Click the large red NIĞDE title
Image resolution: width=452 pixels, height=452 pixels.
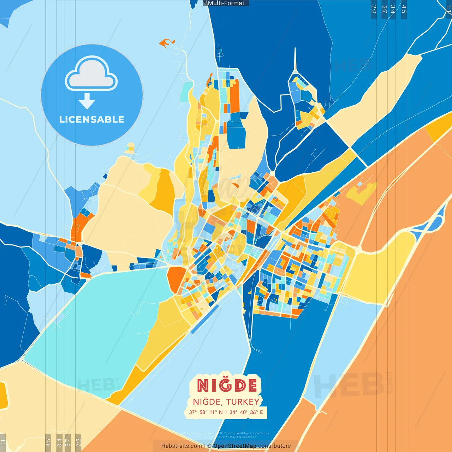coord(227,385)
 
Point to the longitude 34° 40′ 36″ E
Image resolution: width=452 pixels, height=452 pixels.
coord(246,412)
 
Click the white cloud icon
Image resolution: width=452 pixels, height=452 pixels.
coord(91,75)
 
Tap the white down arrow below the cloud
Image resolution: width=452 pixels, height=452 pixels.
coord(87,101)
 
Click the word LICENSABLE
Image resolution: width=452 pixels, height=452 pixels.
coord(91,119)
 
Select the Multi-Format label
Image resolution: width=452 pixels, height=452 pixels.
coord(226,3)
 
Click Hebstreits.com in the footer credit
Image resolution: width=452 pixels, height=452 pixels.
coord(182,446)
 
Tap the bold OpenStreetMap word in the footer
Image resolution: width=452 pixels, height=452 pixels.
coord(235,446)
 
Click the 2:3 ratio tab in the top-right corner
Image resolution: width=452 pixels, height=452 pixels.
coord(374,9)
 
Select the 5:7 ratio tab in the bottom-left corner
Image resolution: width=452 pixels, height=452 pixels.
coord(68,442)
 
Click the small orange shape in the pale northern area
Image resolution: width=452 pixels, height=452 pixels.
coord(165,43)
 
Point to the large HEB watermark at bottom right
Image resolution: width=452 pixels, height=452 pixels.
coord(350,385)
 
